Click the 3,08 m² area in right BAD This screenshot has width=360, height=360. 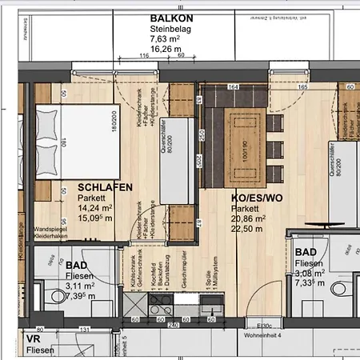[x=307, y=273]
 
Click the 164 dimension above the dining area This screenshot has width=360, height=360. [x=234, y=86]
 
